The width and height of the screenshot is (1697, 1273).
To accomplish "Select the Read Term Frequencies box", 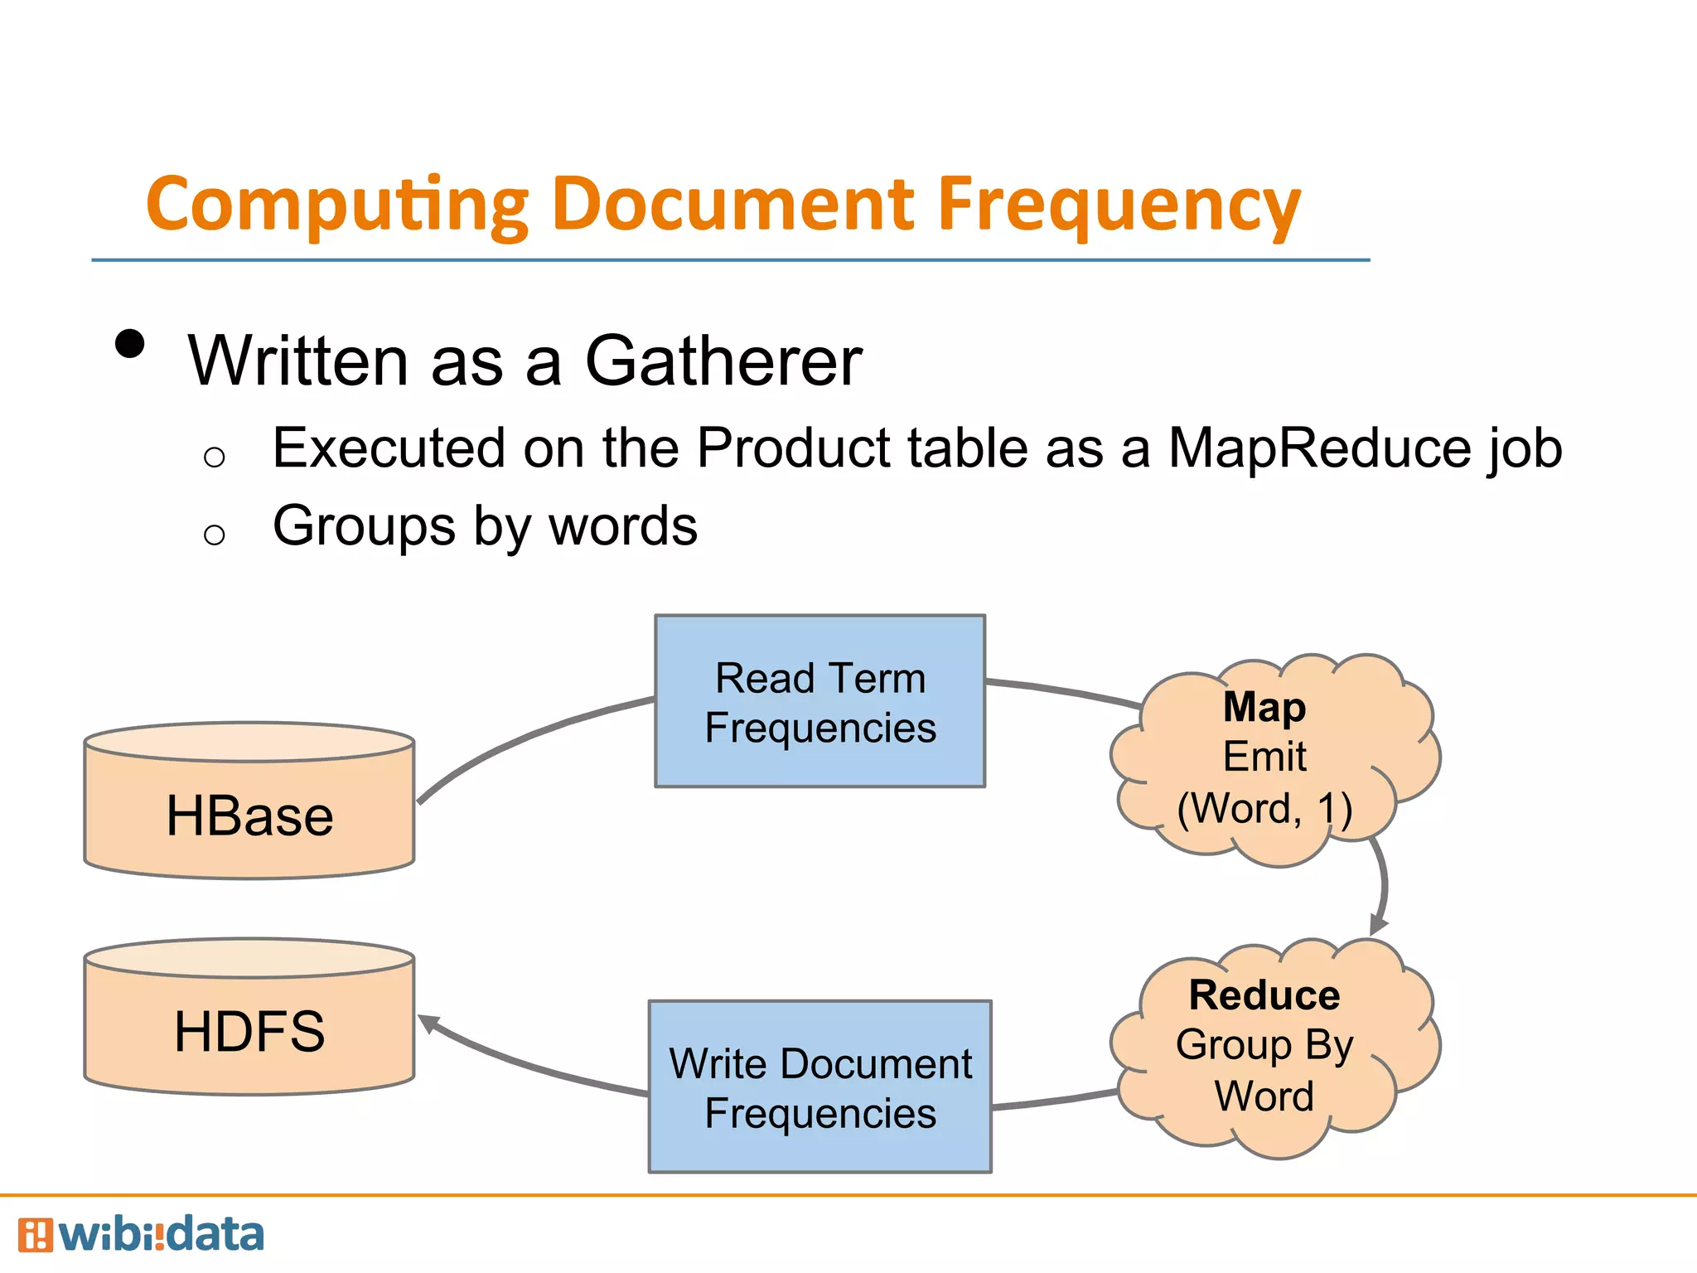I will (x=819, y=701).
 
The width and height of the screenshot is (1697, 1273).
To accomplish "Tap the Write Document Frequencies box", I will (x=819, y=1087).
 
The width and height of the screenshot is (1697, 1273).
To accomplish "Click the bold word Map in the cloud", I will (x=1264, y=707).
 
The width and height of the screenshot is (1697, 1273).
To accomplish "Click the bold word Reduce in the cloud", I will (x=1264, y=995).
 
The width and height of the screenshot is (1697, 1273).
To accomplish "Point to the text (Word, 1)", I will (x=1264, y=808).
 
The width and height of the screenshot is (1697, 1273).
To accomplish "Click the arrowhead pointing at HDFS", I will (x=428, y=1024).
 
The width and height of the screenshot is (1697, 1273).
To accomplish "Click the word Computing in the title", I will (x=336, y=206).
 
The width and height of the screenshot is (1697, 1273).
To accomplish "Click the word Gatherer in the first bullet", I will (x=723, y=361).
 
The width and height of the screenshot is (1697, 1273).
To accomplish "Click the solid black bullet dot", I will (x=130, y=343).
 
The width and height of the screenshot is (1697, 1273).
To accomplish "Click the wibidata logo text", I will (x=162, y=1235).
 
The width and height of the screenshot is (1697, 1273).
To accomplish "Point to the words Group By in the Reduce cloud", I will (x=1264, y=1044).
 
